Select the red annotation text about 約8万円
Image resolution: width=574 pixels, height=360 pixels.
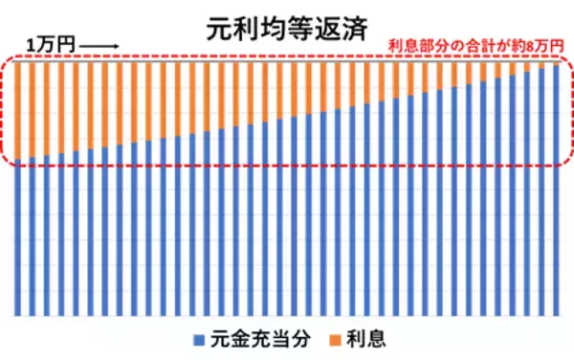point(472,46)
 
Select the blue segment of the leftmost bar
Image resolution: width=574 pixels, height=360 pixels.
point(18,239)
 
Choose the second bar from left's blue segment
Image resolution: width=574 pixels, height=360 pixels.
point(33,238)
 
